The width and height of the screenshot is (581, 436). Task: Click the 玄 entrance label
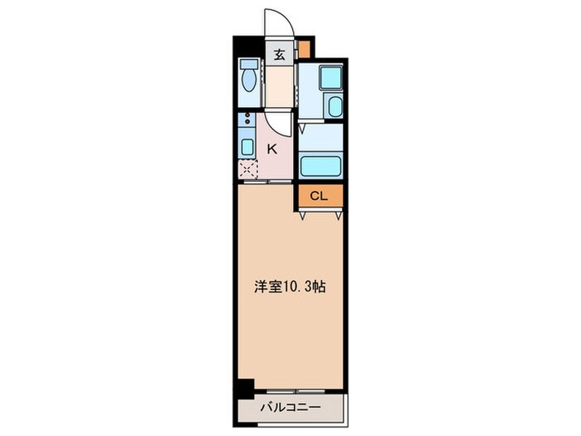click(280, 56)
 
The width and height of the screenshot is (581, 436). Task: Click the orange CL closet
click(320, 196)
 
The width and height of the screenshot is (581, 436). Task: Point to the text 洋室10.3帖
click(289, 288)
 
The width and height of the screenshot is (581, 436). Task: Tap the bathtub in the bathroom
click(320, 165)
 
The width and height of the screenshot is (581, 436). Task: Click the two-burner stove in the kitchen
click(247, 123)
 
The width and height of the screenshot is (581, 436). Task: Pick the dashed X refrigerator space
click(247, 170)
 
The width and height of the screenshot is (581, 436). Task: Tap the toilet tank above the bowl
click(247, 66)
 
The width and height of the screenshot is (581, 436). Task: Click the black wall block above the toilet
click(247, 47)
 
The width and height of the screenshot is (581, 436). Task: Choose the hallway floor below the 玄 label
click(280, 87)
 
